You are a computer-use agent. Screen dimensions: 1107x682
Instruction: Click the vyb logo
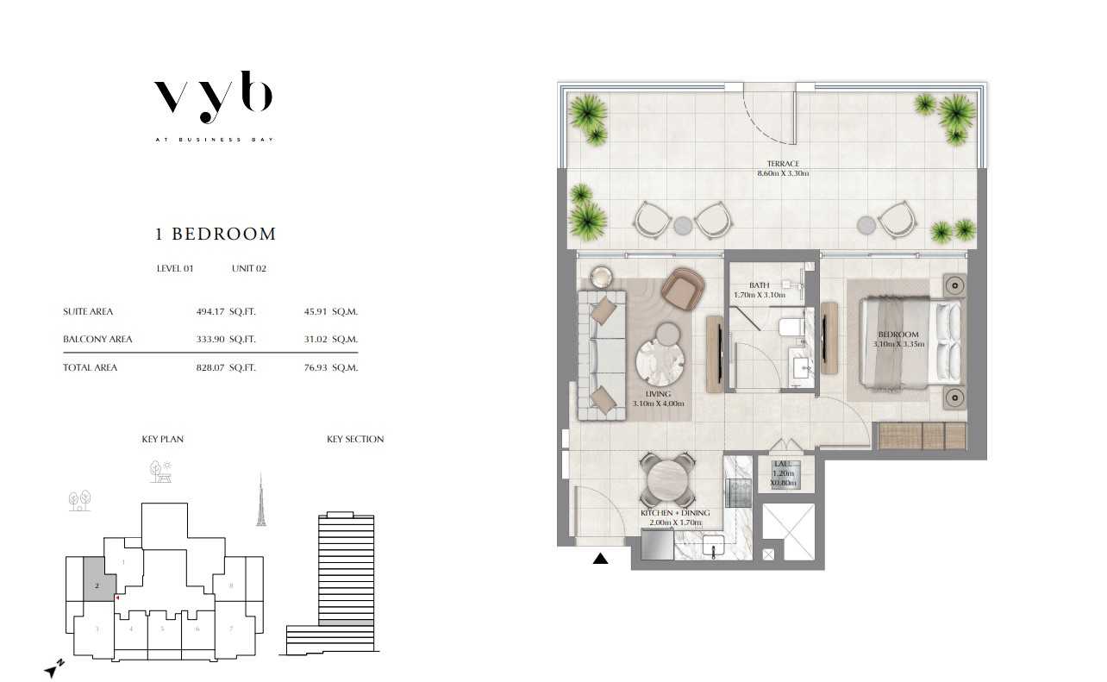tap(214, 97)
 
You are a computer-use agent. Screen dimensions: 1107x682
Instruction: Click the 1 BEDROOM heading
tap(216, 234)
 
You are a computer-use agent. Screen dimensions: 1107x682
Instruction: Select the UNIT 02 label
tap(249, 268)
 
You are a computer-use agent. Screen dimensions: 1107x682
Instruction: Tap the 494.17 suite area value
tap(210, 312)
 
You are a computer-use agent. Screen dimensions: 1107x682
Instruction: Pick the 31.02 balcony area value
tap(316, 340)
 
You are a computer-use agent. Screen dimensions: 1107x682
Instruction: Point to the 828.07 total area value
tap(210, 367)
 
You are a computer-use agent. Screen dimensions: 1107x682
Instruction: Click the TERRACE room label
tap(783, 164)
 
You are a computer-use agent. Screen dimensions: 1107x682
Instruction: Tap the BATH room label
tap(759, 285)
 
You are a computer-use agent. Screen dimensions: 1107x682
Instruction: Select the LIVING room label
tap(658, 394)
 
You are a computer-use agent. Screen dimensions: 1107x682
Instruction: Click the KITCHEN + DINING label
tap(675, 513)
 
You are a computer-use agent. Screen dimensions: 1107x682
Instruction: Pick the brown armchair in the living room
tap(683, 290)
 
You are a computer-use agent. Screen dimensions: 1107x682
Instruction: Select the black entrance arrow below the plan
tap(600, 559)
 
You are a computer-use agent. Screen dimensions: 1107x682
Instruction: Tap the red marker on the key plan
tap(117, 598)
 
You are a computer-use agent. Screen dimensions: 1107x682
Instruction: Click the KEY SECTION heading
tap(355, 440)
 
